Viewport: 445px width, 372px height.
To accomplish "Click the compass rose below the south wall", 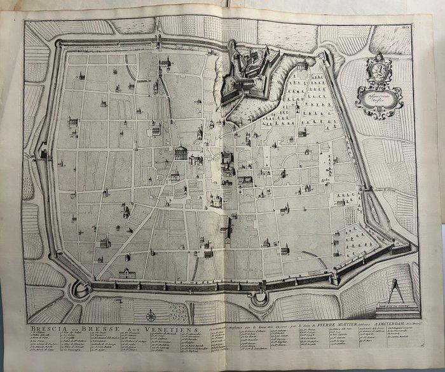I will point(151,315).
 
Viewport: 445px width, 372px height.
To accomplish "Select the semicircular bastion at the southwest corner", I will point(80,289).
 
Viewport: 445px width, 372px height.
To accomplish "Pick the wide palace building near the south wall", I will point(127,274).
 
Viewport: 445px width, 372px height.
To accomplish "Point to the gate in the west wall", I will point(43,154).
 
